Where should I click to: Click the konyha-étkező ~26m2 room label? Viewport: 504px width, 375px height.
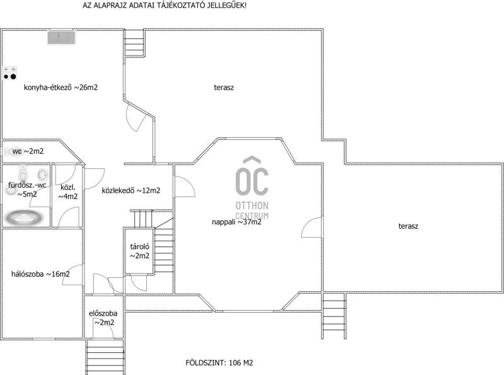tap(60, 88)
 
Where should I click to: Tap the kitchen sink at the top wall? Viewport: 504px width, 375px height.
tap(61, 37)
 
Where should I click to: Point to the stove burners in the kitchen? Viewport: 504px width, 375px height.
tap(9, 74)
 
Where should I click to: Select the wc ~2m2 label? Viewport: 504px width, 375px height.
tap(28, 151)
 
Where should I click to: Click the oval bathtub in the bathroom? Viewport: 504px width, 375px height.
tap(24, 217)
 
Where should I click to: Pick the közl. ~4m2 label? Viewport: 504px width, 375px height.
tap(68, 192)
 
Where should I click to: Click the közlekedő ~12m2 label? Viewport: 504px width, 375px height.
tap(131, 190)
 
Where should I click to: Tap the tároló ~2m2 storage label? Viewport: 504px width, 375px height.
tap(139, 251)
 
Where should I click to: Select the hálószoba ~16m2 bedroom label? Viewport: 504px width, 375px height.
tap(40, 274)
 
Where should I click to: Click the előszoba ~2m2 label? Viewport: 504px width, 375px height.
tap(103, 318)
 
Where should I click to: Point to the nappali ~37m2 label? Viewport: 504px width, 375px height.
tap(237, 222)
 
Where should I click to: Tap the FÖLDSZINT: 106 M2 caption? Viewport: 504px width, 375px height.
tap(219, 363)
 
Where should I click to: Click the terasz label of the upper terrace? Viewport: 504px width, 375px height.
tap(224, 88)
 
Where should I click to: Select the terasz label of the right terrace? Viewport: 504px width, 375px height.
tap(408, 226)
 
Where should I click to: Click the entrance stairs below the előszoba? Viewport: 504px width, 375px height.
tap(105, 356)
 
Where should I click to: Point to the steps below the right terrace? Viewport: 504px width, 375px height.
tap(334, 316)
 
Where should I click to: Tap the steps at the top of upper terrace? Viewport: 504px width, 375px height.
tap(134, 43)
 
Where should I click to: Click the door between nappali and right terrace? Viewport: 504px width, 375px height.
tap(311, 228)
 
